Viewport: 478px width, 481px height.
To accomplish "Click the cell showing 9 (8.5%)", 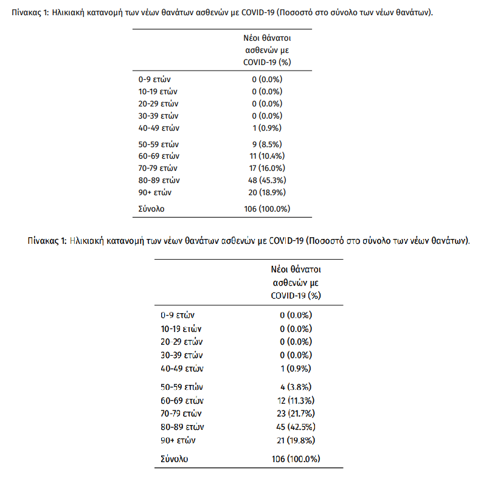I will pos(268,145).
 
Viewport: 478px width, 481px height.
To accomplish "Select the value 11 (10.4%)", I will pos(268,156).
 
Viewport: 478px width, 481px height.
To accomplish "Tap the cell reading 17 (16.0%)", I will pos(268,168).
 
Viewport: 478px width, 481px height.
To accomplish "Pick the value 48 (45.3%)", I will pos(268,181).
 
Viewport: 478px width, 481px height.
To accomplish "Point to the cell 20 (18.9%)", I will pos(268,193).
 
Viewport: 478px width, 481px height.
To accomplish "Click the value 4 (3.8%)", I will pos(296,387).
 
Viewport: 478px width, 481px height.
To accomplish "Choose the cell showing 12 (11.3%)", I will pos(296,400).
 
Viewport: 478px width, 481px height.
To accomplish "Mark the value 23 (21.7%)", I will pos(296,413).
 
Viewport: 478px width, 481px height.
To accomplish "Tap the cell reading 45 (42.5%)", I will pos(296,426).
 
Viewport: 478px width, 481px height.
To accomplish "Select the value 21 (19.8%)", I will pos(296,440).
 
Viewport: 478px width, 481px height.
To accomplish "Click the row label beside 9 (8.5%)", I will pos(159,145).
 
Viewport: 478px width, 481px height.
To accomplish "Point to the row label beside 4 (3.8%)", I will pos(182,387).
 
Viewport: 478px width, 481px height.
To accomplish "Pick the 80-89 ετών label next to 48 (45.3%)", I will pos(159,181).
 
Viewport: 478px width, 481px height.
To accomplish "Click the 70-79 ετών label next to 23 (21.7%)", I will pos(182,413).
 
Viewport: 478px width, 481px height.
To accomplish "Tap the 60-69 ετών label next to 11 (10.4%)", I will pos(159,156).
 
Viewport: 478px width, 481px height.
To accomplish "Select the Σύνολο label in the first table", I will pos(151,209).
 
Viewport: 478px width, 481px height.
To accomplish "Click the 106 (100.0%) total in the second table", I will pos(296,459).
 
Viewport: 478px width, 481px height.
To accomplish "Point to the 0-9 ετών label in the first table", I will pos(155,80).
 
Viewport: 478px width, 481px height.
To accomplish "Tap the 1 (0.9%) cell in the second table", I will pos(296,369).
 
